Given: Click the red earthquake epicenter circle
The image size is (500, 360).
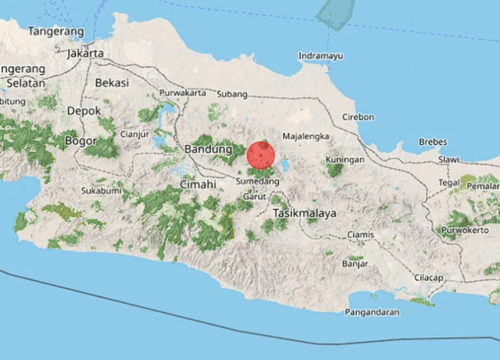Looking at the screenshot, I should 261,155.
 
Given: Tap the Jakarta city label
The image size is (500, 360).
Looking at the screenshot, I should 85,53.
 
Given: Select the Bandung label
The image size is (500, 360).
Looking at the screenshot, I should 208,149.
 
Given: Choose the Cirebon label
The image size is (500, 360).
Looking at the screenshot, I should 358,116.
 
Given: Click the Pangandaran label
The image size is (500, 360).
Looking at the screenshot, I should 372,312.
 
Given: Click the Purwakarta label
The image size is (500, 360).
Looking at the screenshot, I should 182,93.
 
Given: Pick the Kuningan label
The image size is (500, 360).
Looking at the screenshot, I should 345,159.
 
